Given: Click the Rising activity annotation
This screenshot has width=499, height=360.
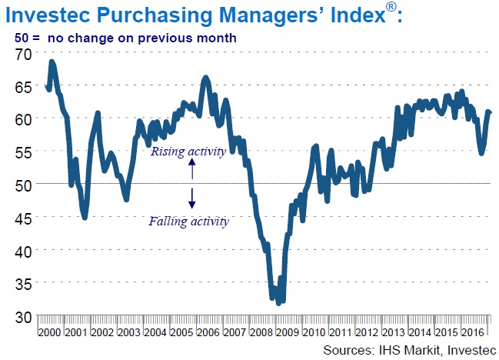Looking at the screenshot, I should pyautogui.click(x=188, y=152).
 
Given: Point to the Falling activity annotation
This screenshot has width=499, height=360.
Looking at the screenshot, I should pyautogui.click(x=189, y=222).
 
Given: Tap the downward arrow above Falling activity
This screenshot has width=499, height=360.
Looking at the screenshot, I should pyautogui.click(x=192, y=200).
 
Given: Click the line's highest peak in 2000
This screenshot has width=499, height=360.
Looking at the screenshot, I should pyautogui.click(x=52, y=62).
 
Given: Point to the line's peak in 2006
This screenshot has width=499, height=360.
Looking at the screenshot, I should pyautogui.click(x=205, y=78).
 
